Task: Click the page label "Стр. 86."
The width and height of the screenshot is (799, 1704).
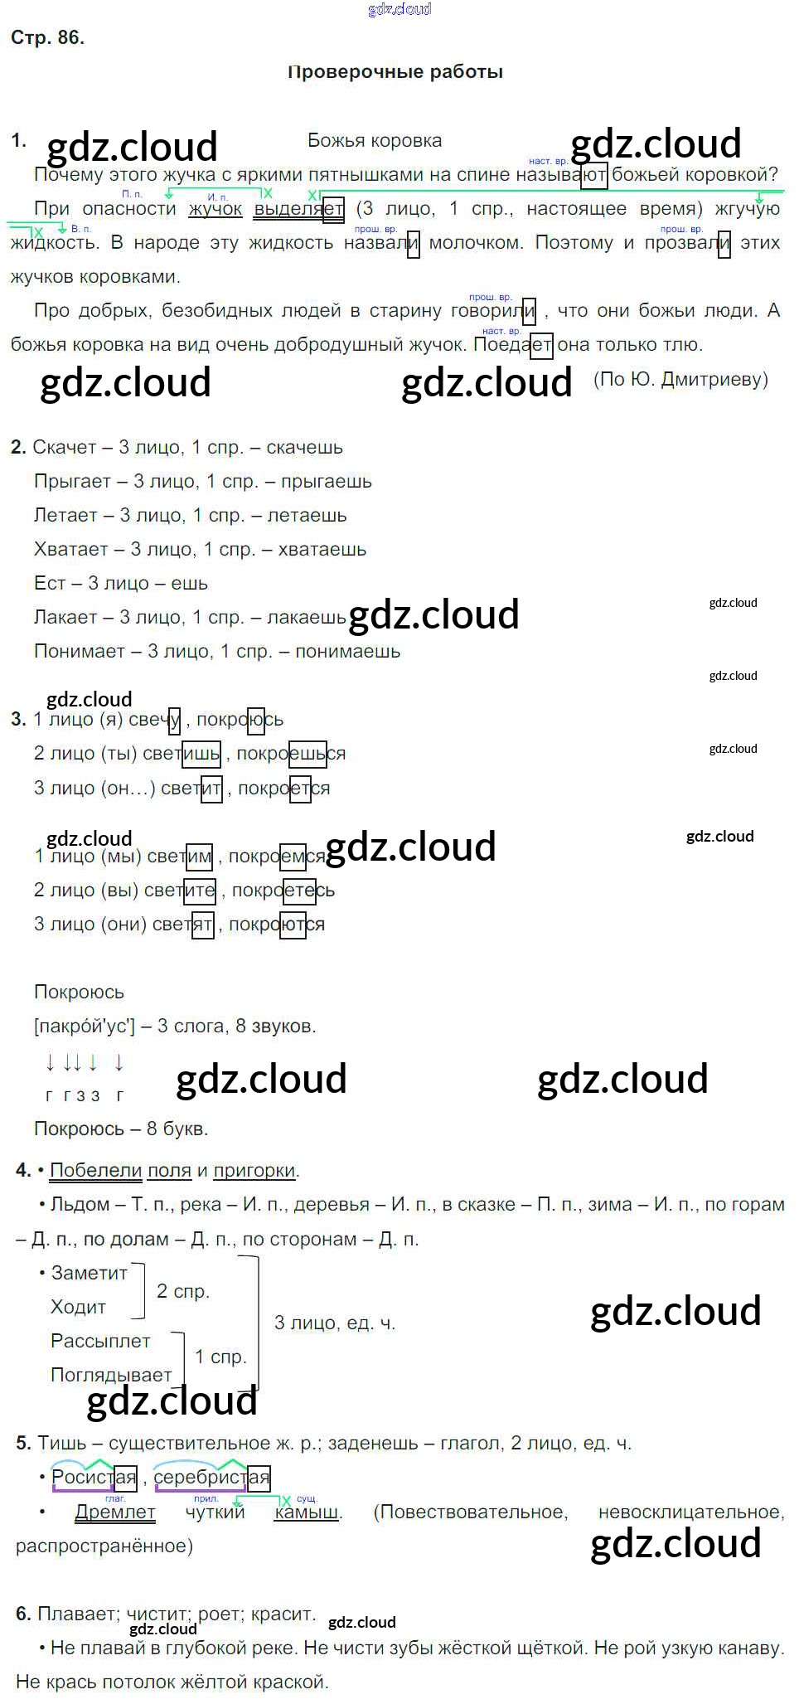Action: coord(47,38)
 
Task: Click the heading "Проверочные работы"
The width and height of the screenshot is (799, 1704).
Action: coord(395,72)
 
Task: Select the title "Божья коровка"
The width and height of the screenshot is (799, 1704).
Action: coord(375,141)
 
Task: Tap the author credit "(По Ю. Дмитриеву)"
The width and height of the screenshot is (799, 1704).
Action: coord(680,380)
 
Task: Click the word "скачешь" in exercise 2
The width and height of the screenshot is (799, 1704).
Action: coord(304,448)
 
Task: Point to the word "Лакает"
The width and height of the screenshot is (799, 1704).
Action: coord(65,618)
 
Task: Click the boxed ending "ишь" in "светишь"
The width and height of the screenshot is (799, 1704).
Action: coord(201,754)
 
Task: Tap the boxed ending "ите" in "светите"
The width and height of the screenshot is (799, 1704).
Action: coord(199,891)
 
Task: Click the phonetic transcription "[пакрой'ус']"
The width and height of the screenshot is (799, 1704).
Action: coord(84,1027)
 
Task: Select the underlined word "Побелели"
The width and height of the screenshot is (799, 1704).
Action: coord(96,1171)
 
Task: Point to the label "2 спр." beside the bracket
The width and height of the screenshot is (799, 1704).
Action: coord(183,1291)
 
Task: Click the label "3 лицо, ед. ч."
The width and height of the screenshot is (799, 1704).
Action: coord(335,1323)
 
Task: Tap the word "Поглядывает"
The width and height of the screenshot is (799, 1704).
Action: coord(111,1376)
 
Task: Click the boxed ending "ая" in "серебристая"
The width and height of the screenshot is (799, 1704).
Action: coord(259,1478)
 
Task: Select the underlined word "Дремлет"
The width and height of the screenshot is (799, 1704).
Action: coord(115,1512)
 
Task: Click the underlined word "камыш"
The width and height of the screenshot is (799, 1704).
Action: coord(307,1512)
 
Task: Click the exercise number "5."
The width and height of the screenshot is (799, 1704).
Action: coord(23,1444)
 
